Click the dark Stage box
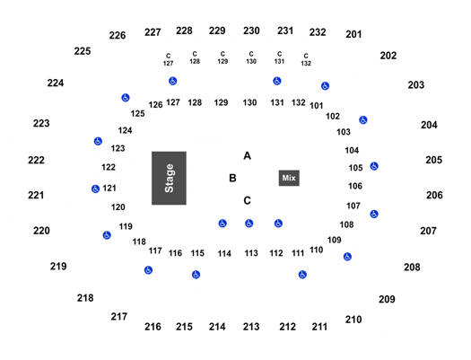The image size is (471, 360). [169, 178]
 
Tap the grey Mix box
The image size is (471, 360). [289, 178]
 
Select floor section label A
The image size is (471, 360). [247, 156]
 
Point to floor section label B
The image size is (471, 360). [232, 178]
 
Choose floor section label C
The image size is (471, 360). [247, 200]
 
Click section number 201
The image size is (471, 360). [353, 34]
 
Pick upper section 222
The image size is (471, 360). [36, 160]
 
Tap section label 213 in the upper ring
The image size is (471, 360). [251, 327]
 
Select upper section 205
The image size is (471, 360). [433, 160]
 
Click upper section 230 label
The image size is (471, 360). [251, 31]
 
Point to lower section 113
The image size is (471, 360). [251, 253]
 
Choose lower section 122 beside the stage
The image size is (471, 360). [109, 167]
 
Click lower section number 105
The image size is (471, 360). [355, 168]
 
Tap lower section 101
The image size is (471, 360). [317, 106]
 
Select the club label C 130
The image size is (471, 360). [251, 57]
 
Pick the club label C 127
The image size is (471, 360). [169, 59]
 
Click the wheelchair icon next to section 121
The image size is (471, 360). [95, 189]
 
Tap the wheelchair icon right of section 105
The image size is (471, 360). [374, 166]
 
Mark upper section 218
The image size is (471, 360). [85, 298]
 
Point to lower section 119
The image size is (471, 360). [126, 226]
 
